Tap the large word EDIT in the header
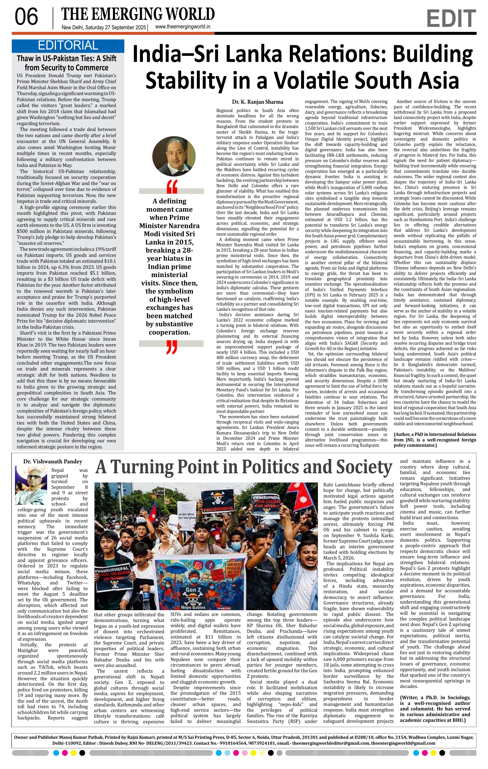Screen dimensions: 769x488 [x=451, y=19]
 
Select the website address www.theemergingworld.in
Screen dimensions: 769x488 [x=182, y=27]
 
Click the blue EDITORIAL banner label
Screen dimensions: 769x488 [x=68, y=46]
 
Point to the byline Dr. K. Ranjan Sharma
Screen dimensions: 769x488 [x=258, y=102]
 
